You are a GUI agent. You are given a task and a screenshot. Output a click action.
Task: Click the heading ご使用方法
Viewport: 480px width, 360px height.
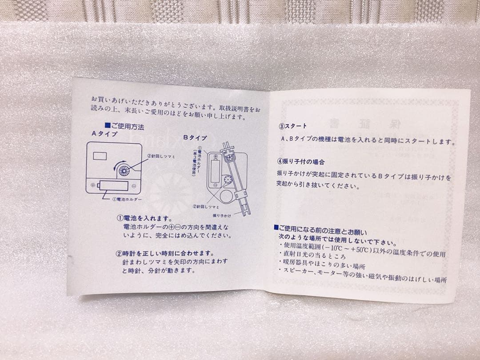pyautogui.click(x=126, y=127)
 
